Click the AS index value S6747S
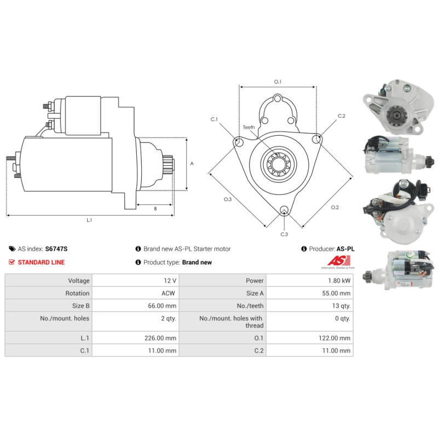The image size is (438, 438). [56, 249]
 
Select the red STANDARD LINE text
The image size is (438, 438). [41, 262]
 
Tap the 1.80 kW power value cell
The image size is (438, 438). [339, 281]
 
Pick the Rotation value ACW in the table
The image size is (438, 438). [168, 293]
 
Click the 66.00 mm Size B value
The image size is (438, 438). [162, 306]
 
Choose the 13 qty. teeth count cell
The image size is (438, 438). [341, 306]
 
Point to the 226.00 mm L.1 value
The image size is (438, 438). [160, 338]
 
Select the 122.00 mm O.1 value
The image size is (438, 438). [335, 338]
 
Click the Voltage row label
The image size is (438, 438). [79, 281]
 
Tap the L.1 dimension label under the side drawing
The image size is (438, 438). [89, 220]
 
